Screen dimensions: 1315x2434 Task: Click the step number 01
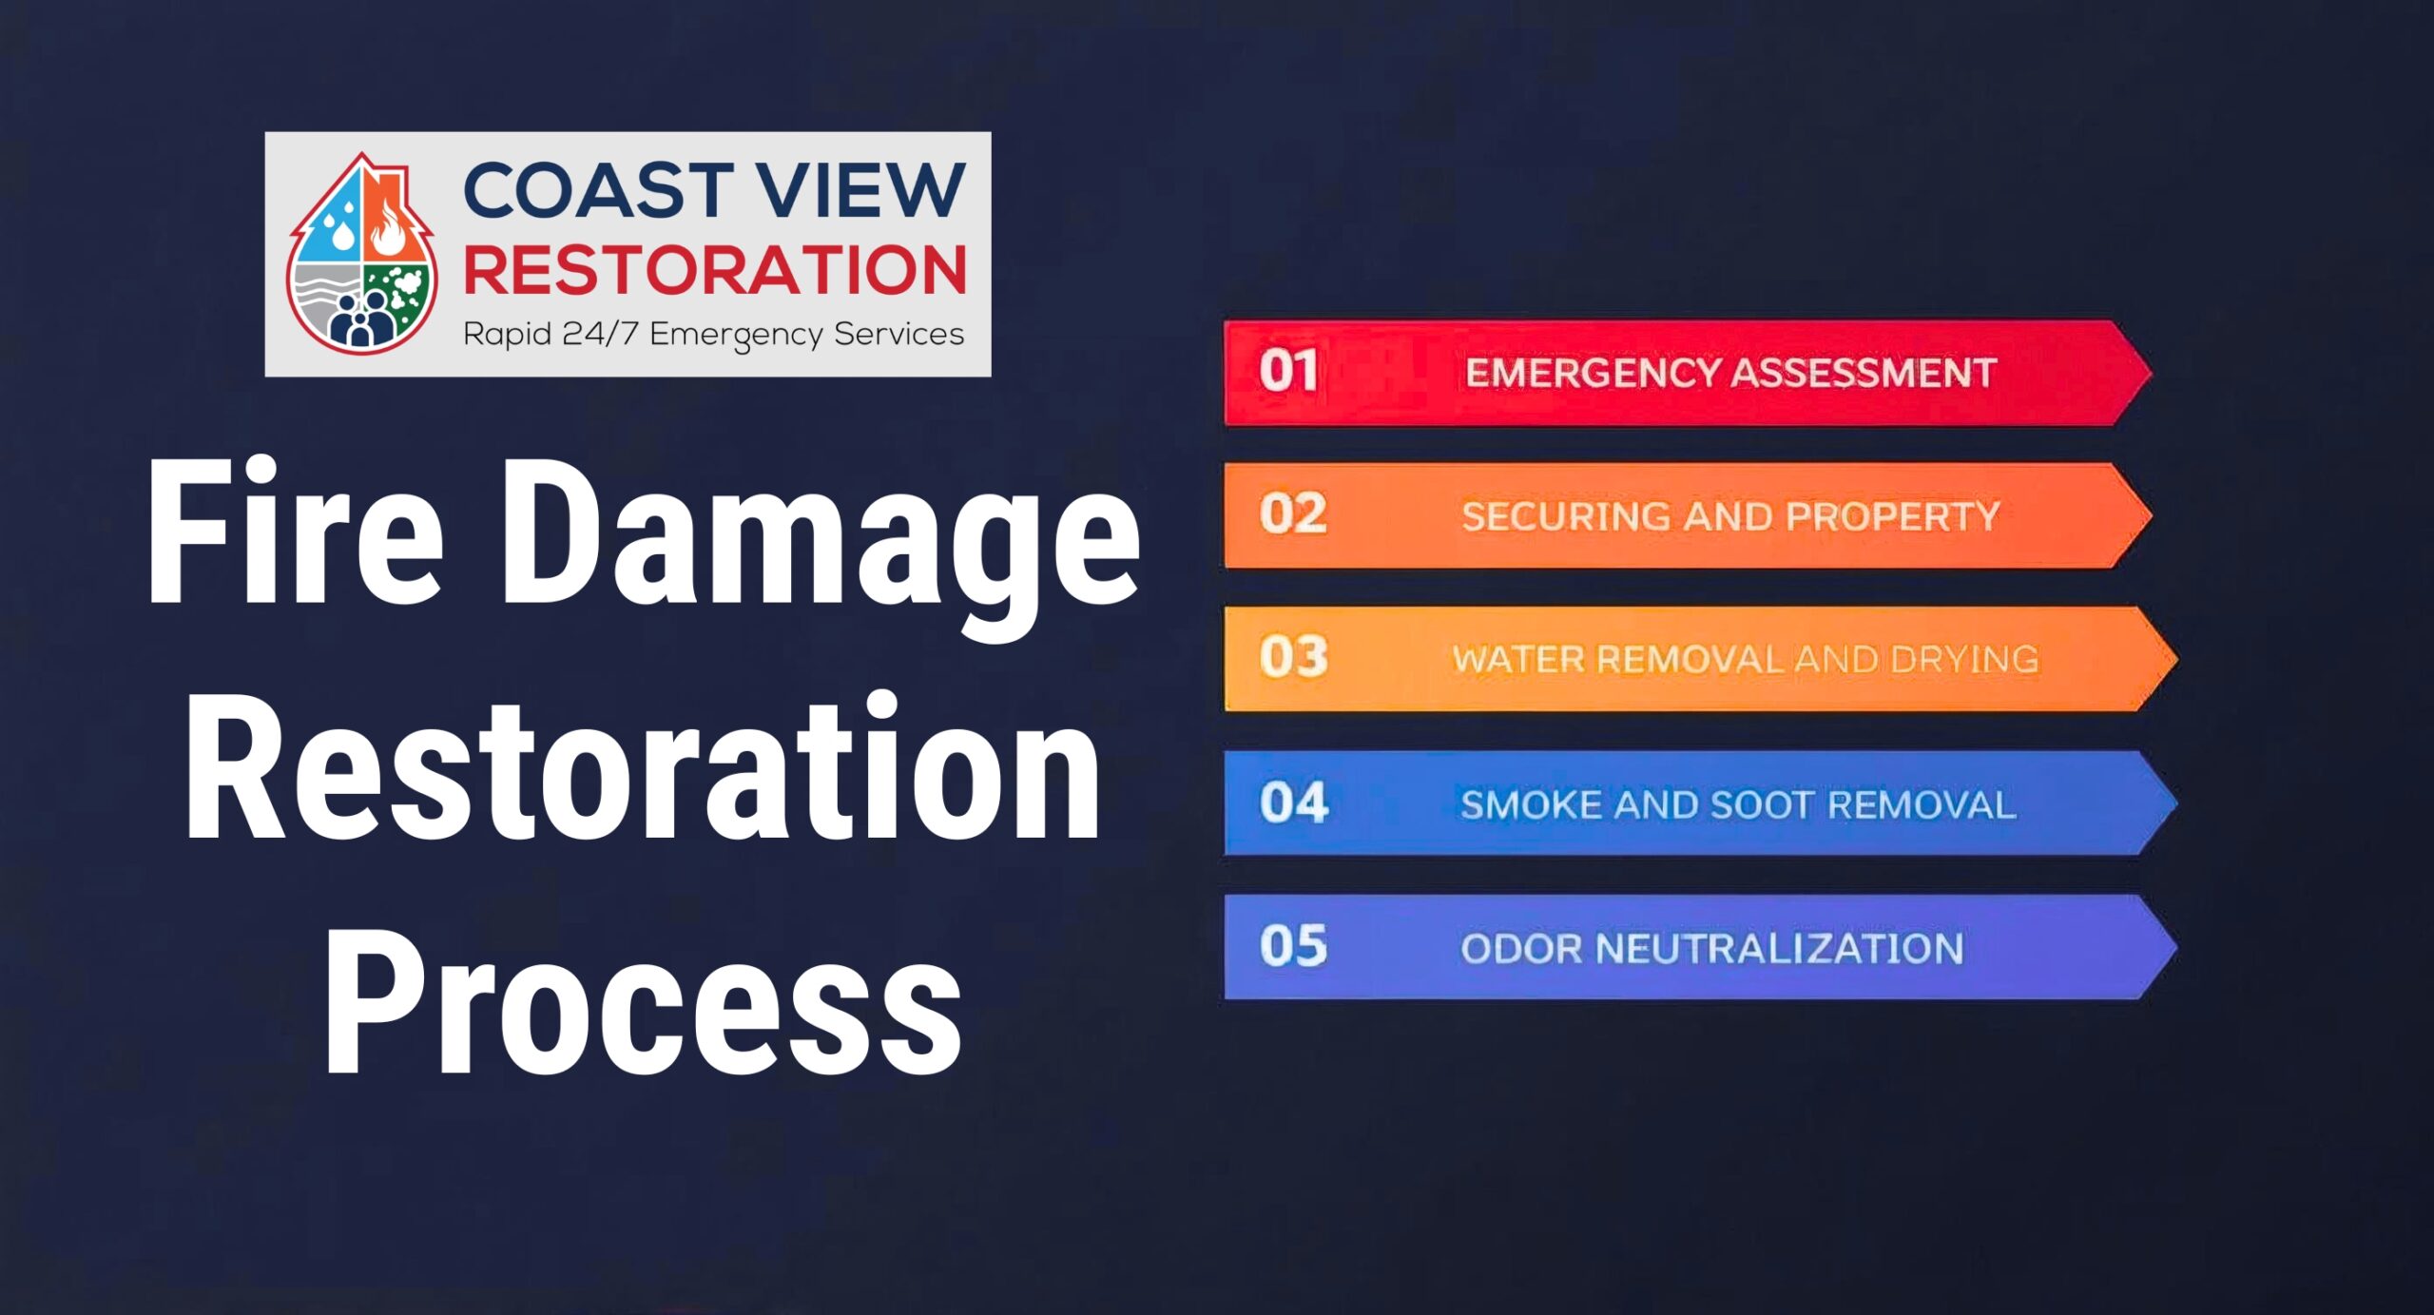click(1288, 371)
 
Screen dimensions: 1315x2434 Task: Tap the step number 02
click(1292, 514)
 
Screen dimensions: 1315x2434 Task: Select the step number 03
click(1293, 657)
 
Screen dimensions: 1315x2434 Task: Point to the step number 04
click(1293, 803)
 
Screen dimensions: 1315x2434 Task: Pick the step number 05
click(1293, 946)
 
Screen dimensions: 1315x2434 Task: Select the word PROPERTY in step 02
click(1893, 516)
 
